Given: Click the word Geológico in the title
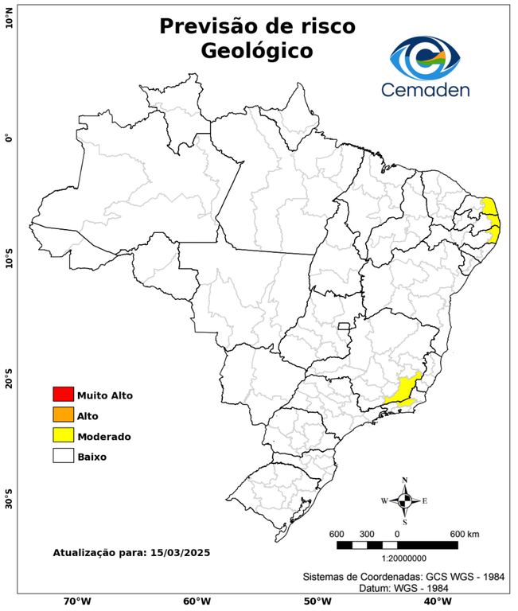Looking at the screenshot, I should [x=257, y=51].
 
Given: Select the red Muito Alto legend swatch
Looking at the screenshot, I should [x=63, y=395].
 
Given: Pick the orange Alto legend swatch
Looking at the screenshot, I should [x=63, y=415].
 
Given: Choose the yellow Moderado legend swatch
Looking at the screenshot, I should [x=63, y=436].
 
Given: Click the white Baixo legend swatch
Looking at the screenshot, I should [x=63, y=457].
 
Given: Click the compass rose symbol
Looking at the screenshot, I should [x=405, y=501].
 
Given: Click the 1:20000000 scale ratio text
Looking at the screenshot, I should [x=396, y=559].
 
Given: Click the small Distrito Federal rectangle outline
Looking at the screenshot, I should [x=344, y=325].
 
